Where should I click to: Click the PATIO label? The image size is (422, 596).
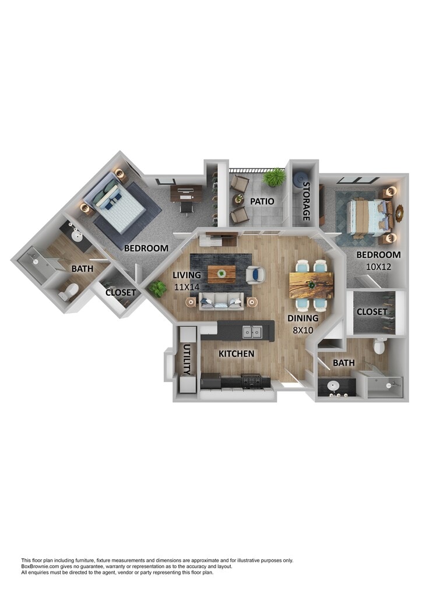262,201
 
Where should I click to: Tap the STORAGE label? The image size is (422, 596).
307,201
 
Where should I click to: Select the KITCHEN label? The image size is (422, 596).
236,354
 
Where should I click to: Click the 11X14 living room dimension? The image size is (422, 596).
187,288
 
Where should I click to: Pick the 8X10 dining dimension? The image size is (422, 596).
303,331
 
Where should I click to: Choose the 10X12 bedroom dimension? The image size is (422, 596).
378,267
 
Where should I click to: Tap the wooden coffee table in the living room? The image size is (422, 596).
221,274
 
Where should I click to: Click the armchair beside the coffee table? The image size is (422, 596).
255,275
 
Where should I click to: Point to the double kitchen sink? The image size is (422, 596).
252,332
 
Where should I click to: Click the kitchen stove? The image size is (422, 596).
251,381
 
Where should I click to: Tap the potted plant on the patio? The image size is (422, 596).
275,177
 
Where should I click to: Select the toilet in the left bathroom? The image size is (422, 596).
69,292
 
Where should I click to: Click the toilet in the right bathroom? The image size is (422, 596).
379,346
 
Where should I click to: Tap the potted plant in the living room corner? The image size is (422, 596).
157,289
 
